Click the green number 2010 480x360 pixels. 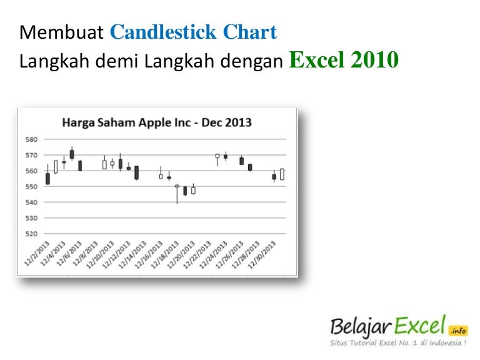(x=374, y=61)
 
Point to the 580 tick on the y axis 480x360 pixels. (x=31, y=139)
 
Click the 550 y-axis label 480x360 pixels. (x=31, y=186)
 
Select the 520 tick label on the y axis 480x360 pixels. (x=31, y=233)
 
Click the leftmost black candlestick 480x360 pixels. (x=47, y=178)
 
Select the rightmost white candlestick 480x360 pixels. (x=282, y=174)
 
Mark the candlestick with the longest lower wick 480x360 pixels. (x=177, y=194)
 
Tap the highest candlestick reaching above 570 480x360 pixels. (x=72, y=154)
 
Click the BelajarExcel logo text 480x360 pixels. (x=387, y=326)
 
